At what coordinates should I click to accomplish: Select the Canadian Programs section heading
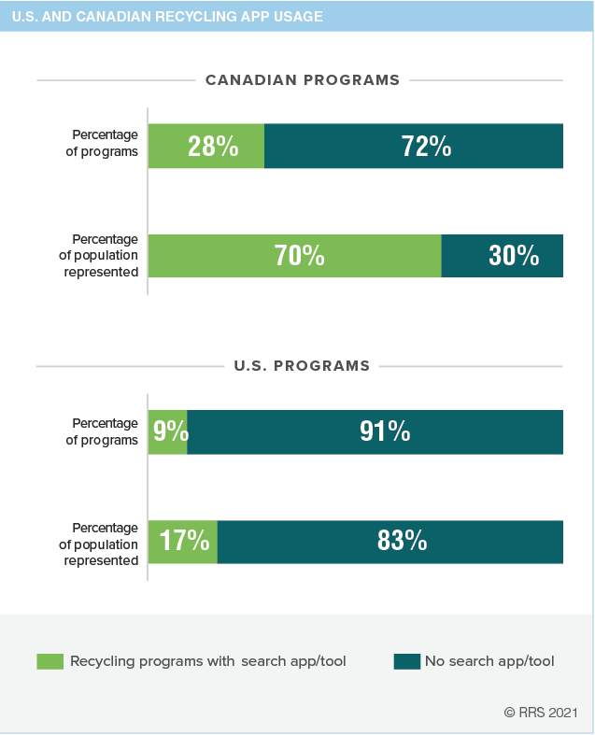302,80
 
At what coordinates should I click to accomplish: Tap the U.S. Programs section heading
302,365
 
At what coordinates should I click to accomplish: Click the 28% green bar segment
206,146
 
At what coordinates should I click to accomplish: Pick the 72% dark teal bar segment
414,146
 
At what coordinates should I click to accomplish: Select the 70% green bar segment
295,256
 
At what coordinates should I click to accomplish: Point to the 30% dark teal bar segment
503,256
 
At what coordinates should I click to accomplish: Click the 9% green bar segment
168,431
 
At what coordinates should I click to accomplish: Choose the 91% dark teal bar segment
375,431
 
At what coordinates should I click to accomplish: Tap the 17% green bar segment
183,542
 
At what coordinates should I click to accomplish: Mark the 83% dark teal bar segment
390,542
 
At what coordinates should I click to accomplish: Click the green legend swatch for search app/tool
50,661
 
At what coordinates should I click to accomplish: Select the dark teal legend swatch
406,661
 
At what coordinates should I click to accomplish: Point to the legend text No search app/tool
489,661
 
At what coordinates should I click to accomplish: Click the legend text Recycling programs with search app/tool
207,661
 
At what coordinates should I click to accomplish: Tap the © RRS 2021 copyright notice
542,712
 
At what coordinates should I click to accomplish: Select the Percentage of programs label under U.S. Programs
102,431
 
